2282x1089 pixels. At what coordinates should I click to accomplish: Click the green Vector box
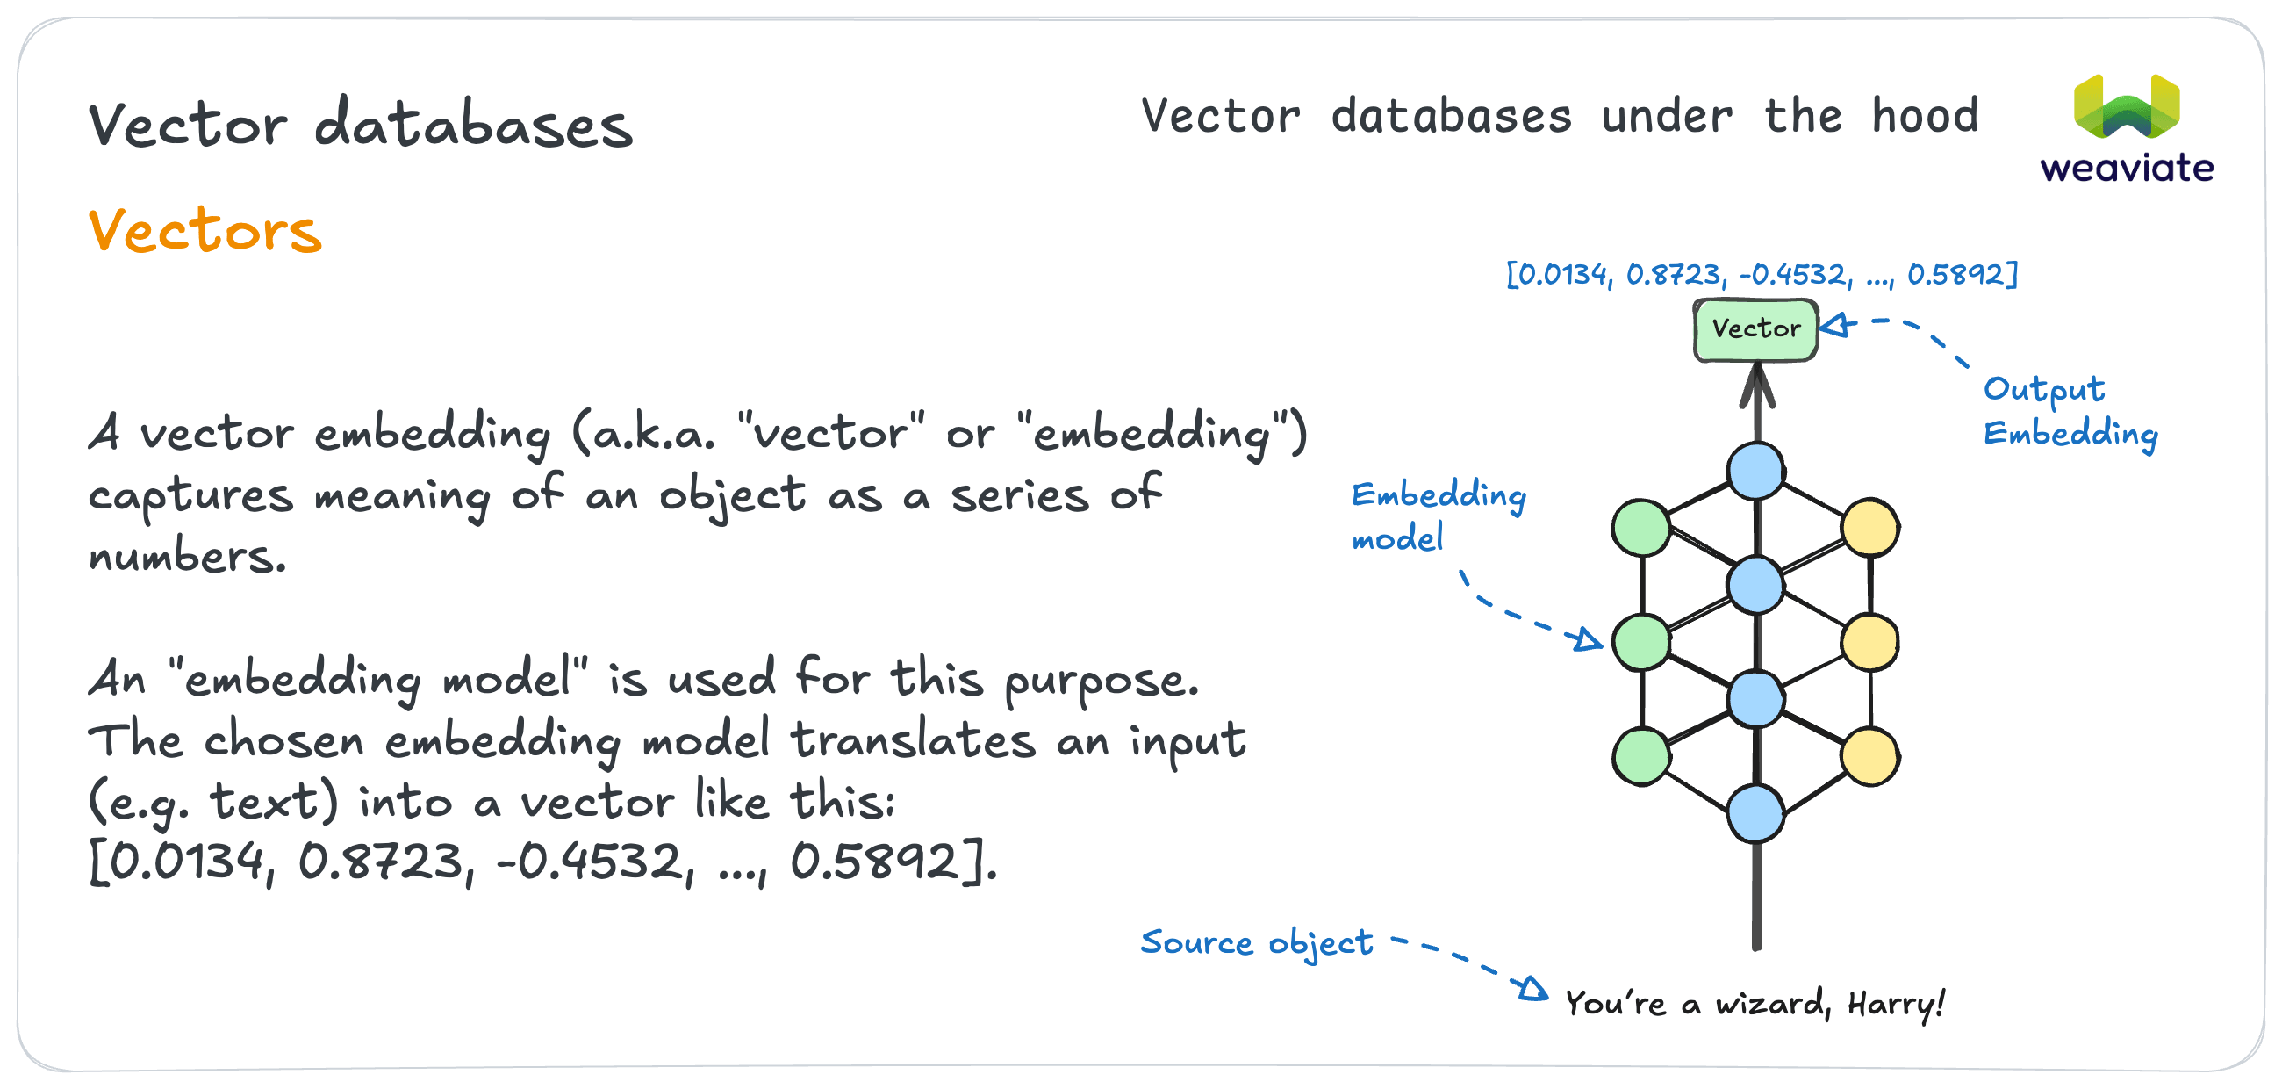click(x=1755, y=329)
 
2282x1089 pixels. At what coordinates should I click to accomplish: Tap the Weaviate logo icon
click(x=2126, y=107)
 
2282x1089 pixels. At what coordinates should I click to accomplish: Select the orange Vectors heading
click(x=205, y=231)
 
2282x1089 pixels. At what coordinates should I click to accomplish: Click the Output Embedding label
click(x=2070, y=411)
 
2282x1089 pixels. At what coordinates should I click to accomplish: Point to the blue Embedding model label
click(x=1437, y=516)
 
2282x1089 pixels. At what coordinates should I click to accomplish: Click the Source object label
click(x=1256, y=942)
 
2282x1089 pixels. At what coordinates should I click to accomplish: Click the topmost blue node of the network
click(x=1755, y=471)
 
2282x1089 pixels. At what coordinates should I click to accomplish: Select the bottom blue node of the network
click(x=1755, y=812)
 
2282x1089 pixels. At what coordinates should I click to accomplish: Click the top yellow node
click(x=1869, y=527)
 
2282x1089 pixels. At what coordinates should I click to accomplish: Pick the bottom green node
click(x=1641, y=756)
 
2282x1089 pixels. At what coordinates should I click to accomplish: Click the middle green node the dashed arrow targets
click(x=1641, y=641)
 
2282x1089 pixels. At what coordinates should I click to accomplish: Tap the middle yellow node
click(x=1869, y=641)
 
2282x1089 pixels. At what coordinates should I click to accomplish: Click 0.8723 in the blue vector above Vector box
click(x=1675, y=275)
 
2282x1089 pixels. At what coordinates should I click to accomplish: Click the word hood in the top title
click(x=1924, y=116)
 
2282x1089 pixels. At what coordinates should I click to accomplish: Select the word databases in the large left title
click(x=474, y=125)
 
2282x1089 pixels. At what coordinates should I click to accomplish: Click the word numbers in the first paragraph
click(x=187, y=557)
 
